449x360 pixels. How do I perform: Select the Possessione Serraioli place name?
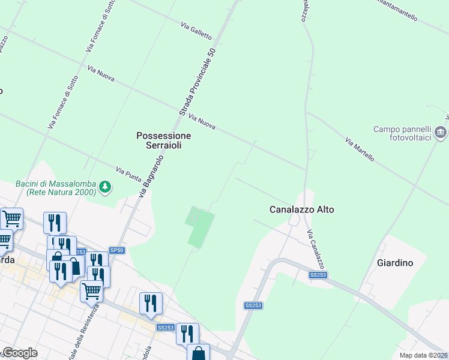(x=163, y=140)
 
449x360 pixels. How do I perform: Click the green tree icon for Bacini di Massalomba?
(x=105, y=187)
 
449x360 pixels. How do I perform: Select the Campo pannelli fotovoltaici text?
(x=402, y=133)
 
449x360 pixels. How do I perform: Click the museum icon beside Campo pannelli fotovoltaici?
(x=441, y=131)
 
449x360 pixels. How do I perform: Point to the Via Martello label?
(x=360, y=149)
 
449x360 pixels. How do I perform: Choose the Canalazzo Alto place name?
(x=301, y=209)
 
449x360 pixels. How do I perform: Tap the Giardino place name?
(x=394, y=262)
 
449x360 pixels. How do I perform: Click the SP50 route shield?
(x=116, y=250)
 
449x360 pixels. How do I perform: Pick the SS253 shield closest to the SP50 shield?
(x=80, y=252)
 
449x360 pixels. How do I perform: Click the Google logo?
(x=19, y=353)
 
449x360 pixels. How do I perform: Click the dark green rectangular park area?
(x=200, y=227)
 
